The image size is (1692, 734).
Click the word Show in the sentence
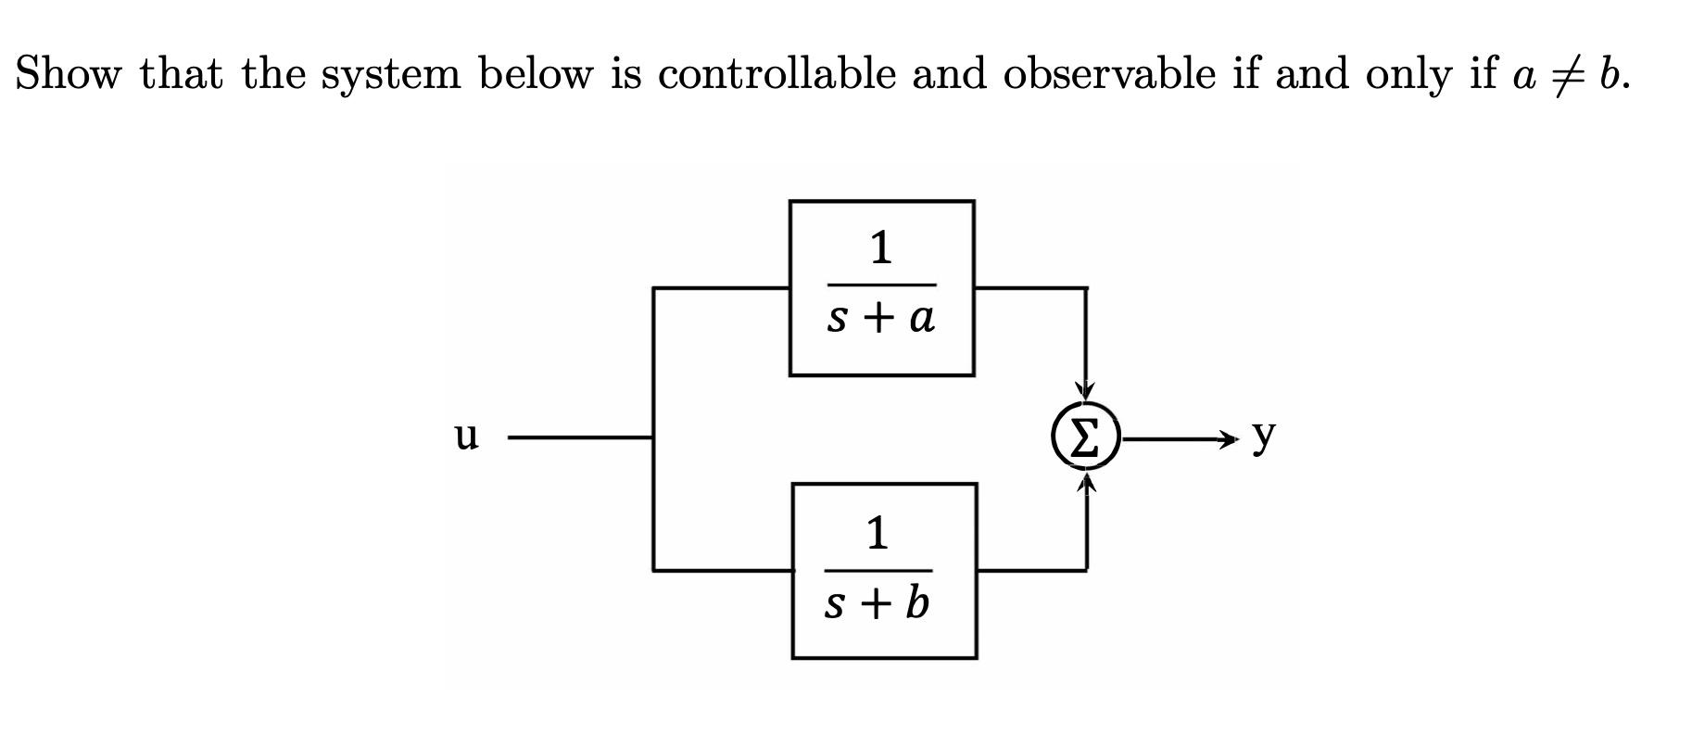[x=68, y=73]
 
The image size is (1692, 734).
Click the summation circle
[x=1086, y=437]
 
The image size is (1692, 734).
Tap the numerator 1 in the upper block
[x=880, y=247]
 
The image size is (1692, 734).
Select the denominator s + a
[x=880, y=318]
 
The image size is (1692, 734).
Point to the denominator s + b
[x=877, y=604]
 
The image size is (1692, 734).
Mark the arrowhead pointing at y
[x=1227, y=437]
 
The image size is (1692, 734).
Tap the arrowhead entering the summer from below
[x=1086, y=482]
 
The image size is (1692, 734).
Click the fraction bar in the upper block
[x=881, y=285]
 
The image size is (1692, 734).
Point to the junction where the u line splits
[x=654, y=437]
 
